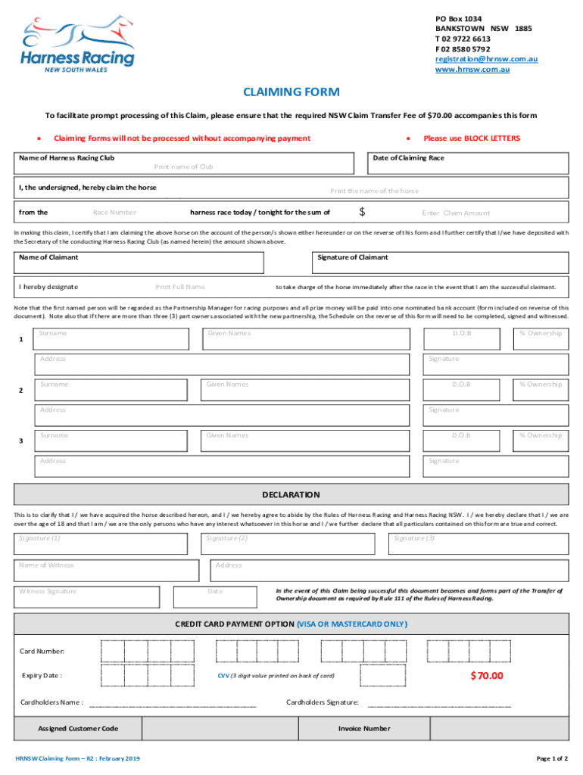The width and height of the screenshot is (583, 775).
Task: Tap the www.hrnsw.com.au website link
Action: coord(472,70)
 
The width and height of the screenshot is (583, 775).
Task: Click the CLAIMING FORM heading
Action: coord(291,92)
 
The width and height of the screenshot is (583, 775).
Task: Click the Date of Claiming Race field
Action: coord(469,164)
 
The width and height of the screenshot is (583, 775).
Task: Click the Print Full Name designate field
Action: coord(180,287)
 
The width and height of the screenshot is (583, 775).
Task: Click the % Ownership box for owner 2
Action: coord(540,390)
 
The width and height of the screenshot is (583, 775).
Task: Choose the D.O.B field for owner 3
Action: coord(461,440)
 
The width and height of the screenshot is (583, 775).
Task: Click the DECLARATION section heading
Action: coord(291,495)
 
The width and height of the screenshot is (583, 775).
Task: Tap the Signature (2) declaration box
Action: coord(293,543)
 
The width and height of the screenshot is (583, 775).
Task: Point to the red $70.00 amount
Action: coord(486,676)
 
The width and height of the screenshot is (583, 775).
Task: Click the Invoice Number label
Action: coord(364,729)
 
